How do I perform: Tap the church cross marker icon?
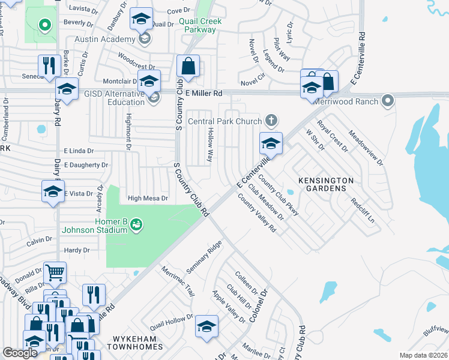coord(271,121)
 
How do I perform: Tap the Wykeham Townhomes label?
coord(135,347)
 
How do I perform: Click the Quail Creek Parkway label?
coord(200,25)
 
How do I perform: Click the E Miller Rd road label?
coord(203,94)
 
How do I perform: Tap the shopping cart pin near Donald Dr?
coord(55,273)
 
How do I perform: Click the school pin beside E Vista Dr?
coord(53,192)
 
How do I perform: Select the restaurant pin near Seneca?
coord(48,65)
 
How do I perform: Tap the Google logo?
coord(20,353)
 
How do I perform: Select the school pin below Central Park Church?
coord(271,144)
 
